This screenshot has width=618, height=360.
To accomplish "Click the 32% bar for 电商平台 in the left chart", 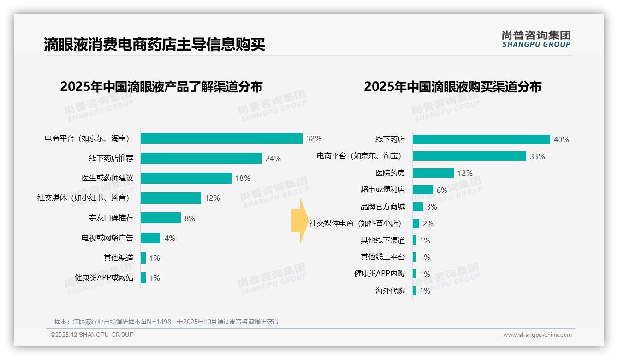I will click(221, 138).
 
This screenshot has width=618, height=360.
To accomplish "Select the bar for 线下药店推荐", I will click(201, 158).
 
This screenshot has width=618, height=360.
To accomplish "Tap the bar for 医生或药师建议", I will click(186, 178).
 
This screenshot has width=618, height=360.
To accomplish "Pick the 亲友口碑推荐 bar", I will click(160, 218).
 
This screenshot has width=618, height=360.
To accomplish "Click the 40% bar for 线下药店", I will click(481, 139).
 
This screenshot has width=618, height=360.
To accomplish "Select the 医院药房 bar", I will click(433, 173).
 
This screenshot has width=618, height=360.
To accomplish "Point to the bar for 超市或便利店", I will click(422, 190).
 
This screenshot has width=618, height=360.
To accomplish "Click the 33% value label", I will click(537, 156).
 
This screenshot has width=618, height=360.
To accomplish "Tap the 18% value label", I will click(243, 178).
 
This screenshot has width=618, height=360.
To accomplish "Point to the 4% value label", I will click(170, 238).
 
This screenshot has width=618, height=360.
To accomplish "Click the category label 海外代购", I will click(390, 291).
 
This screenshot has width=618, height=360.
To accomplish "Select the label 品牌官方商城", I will click(382, 207).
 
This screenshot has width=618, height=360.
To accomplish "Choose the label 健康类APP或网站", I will click(104, 278).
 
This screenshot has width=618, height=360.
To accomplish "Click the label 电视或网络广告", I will click(107, 238).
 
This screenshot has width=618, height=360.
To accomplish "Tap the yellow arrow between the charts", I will click(299, 221).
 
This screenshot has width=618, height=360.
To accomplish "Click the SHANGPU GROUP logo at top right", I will click(536, 39).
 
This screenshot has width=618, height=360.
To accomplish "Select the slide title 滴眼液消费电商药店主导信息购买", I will click(154, 45).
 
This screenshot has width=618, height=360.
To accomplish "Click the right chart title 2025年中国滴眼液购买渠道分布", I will click(452, 87).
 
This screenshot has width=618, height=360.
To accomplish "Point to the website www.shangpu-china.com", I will click(537, 335).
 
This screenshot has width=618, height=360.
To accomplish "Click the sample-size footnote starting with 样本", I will click(166, 322).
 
